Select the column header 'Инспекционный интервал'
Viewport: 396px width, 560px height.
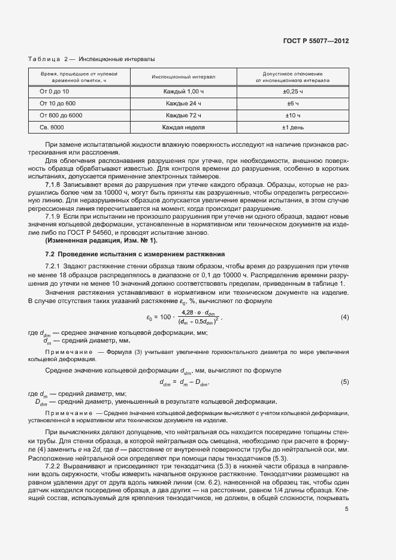pos(183,77)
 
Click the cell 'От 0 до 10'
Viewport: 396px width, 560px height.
pos(55,92)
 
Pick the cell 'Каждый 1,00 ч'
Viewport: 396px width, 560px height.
pos(183,92)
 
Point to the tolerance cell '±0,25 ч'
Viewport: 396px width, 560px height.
pos(293,92)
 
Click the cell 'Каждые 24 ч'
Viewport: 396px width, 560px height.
pos(183,104)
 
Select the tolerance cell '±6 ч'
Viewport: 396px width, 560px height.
pos(293,104)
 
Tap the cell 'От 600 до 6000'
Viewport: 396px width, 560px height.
pos(61,115)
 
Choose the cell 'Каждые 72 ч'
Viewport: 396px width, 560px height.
pos(183,115)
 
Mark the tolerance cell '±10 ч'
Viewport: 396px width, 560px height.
pos(293,115)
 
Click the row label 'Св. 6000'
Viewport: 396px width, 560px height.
pos(52,127)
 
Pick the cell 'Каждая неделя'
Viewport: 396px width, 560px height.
pos(183,127)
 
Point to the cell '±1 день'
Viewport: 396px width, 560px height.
pos(293,127)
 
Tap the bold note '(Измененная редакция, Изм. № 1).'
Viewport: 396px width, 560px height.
pos(101,240)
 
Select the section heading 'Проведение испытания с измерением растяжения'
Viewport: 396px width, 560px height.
pos(140,254)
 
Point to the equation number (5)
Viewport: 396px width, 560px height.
pos(344,382)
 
